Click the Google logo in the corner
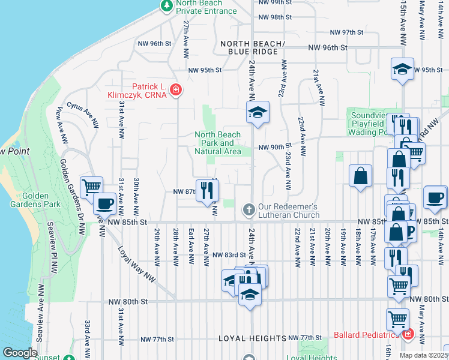tap(19, 353)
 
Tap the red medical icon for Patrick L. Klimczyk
tap(175, 90)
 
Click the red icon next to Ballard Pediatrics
tap(408, 334)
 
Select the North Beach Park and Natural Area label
tap(218, 143)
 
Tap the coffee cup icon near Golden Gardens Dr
tap(104, 204)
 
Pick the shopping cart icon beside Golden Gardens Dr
tap(91, 187)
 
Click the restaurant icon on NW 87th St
tap(207, 190)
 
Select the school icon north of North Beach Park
tap(258, 112)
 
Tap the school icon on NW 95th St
tap(403, 69)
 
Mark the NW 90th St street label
tap(274, 146)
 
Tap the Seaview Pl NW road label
tap(42, 310)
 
